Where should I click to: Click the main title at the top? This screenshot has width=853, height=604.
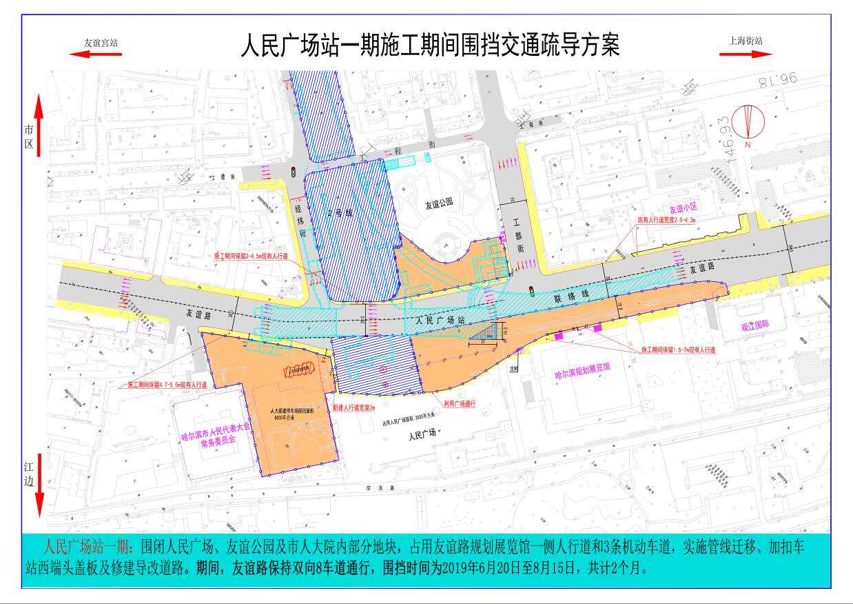pyautogui.click(x=430, y=45)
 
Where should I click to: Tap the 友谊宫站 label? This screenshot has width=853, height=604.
pyautogui.click(x=101, y=42)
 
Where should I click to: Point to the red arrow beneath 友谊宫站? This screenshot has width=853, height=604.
pyautogui.click(x=95, y=54)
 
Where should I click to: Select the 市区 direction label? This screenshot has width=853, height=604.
pyautogui.click(x=29, y=136)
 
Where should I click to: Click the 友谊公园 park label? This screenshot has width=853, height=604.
pyautogui.click(x=439, y=204)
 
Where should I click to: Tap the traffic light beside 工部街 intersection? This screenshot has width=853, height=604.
pyautogui.click(x=531, y=289)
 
